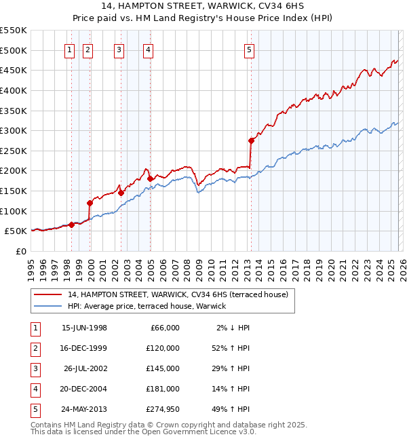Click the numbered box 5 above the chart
[x=250, y=50]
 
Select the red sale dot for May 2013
[x=251, y=140]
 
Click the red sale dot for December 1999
[x=90, y=203]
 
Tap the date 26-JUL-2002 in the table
[x=85, y=368]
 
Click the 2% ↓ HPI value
[x=232, y=327]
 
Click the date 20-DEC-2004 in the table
[x=84, y=388]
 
